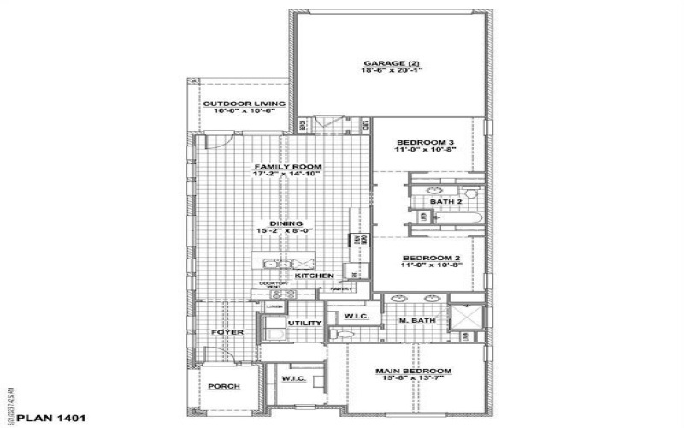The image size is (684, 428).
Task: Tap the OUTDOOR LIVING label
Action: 237,104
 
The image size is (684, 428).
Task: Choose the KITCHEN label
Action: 313,276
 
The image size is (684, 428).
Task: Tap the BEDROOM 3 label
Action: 425,141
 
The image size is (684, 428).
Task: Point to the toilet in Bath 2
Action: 469,192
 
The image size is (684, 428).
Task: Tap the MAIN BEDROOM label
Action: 414,371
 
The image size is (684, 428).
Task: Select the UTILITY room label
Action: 304,323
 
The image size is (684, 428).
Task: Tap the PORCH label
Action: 224,386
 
